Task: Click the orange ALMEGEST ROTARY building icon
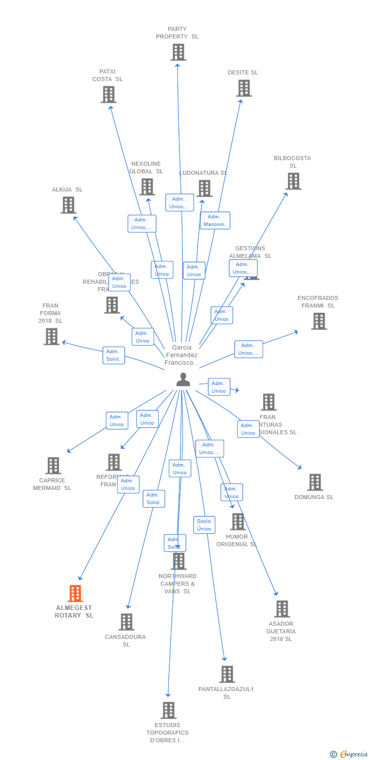(x=75, y=593)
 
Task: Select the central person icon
(x=183, y=379)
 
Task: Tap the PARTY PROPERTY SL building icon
(x=178, y=52)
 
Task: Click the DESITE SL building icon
(x=244, y=88)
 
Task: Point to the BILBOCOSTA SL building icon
(x=293, y=181)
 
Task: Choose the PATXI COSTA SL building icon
(x=108, y=95)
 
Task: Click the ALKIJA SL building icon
(x=68, y=205)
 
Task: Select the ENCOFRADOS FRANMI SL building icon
(x=319, y=321)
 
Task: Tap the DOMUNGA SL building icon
(x=315, y=482)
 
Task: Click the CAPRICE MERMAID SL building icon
(x=53, y=466)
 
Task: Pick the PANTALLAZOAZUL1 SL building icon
(x=227, y=674)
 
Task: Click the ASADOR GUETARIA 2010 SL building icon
(x=282, y=609)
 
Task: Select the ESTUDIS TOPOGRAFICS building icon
(x=169, y=710)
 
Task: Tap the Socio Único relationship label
(x=204, y=525)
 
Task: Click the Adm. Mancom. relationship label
(x=215, y=220)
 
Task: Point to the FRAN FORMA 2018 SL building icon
(x=51, y=336)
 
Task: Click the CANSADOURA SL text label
(x=125, y=640)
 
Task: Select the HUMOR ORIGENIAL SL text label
(x=237, y=540)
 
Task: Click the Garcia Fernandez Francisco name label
(x=182, y=355)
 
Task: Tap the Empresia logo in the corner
(x=349, y=754)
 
